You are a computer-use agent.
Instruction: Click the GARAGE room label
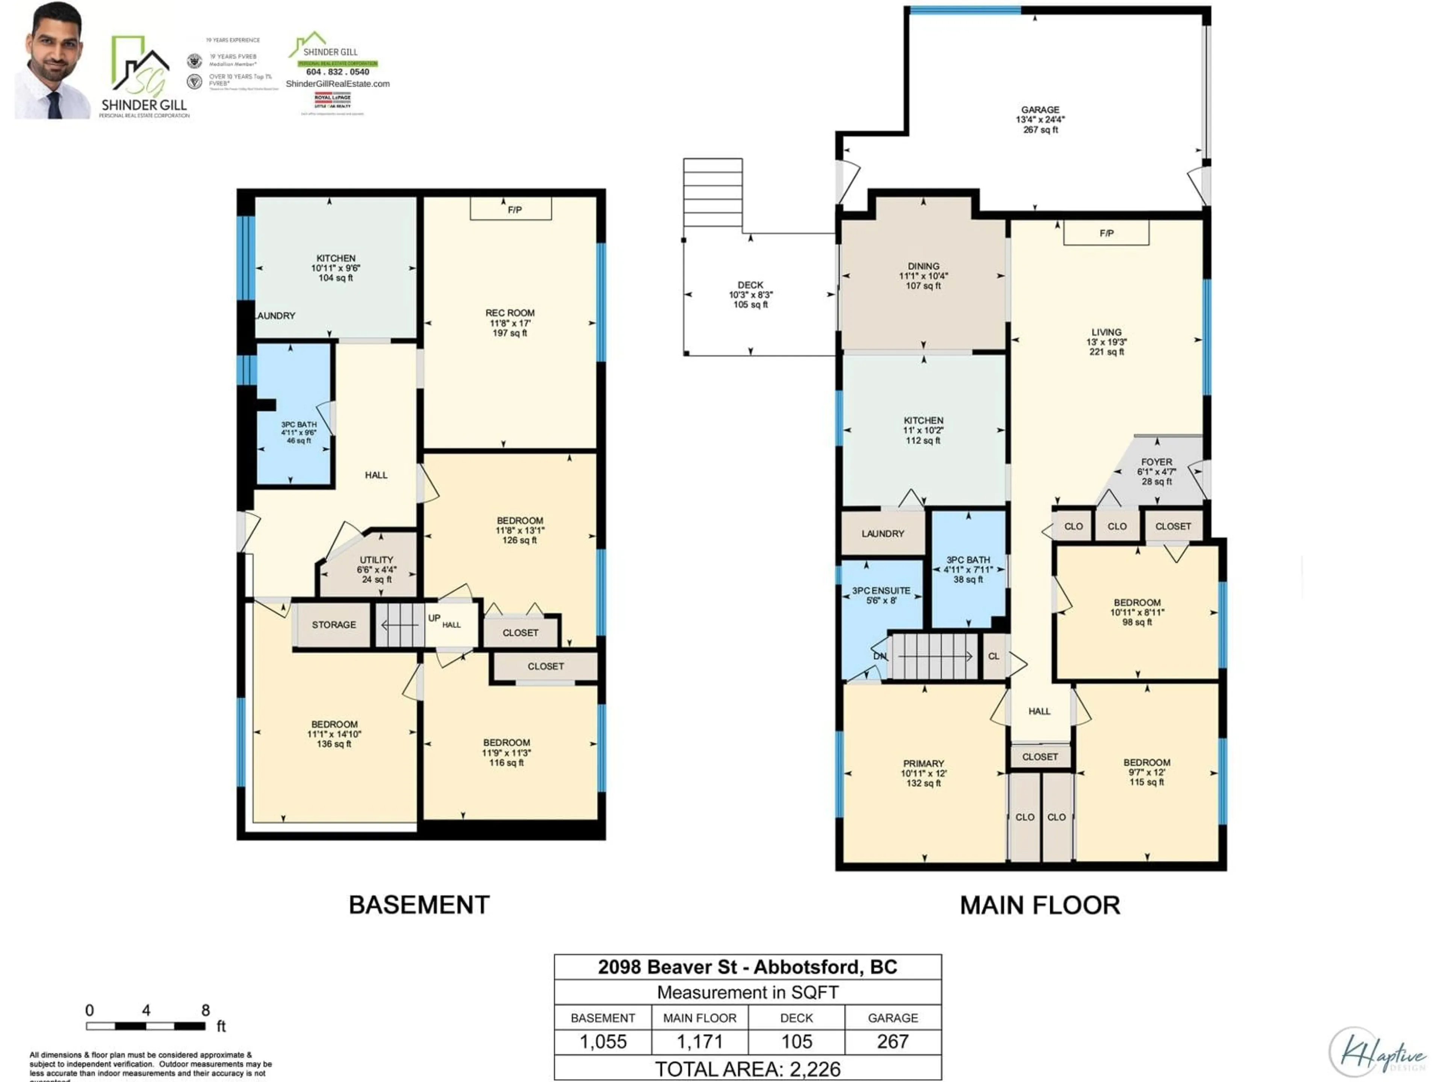(1040, 110)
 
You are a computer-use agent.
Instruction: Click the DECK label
(750, 285)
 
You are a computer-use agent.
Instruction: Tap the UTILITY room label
(377, 559)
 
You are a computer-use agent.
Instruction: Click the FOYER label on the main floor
(1157, 462)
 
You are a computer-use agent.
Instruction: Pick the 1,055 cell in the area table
(603, 1041)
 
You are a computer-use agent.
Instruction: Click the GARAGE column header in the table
(892, 1018)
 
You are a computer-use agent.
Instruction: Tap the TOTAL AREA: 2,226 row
(747, 1069)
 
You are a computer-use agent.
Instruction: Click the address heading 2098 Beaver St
(747, 967)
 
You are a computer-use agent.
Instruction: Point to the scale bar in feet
(146, 1026)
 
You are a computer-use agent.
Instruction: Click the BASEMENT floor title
(419, 905)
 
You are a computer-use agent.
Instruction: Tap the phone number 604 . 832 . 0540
(337, 72)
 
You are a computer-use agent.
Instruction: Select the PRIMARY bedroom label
(923, 763)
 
